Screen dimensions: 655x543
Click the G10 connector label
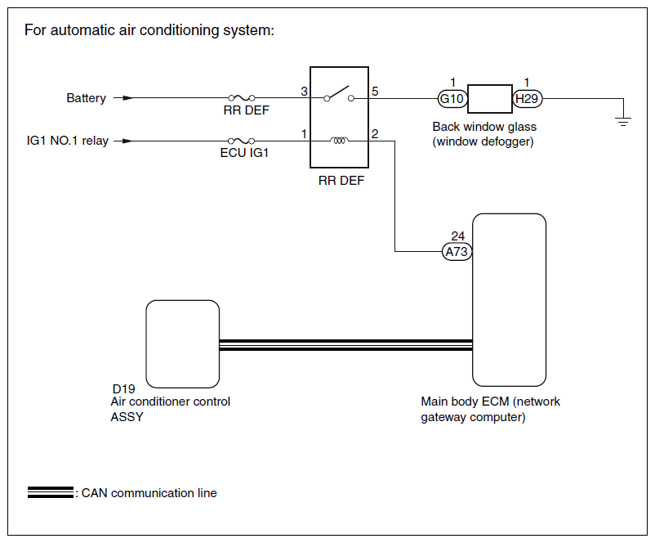point(452,99)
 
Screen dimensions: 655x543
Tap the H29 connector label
point(527,99)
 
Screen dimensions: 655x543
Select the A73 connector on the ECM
point(457,252)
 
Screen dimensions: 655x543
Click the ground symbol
point(623,122)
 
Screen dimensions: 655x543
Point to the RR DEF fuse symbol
point(242,98)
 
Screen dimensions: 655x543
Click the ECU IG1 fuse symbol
point(242,141)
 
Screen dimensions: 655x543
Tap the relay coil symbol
point(339,141)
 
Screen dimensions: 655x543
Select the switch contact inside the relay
point(339,94)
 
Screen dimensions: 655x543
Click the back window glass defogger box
point(489,99)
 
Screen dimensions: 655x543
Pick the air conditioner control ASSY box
point(183,343)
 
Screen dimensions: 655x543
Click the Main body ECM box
point(509,300)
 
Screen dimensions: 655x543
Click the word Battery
point(86,98)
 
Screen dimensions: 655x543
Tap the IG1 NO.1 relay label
point(68,141)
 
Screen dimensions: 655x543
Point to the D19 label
point(123,389)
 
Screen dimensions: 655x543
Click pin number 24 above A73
point(458,236)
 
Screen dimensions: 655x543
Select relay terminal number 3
point(304,92)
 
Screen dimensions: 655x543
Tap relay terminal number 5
point(375,92)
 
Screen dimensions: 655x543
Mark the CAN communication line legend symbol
point(51,492)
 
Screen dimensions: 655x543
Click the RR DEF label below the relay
point(341,181)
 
